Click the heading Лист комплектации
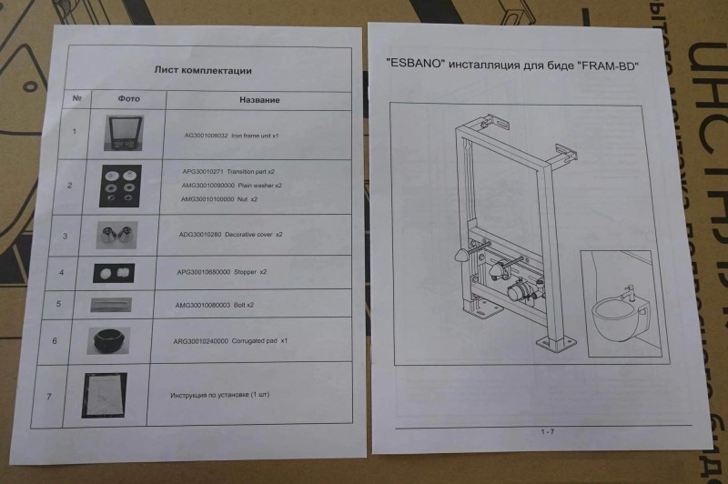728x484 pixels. (202, 70)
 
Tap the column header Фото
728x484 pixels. (129, 99)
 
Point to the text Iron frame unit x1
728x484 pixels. (231, 135)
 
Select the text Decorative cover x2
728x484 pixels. (231, 235)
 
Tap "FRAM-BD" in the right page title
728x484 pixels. (611, 66)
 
